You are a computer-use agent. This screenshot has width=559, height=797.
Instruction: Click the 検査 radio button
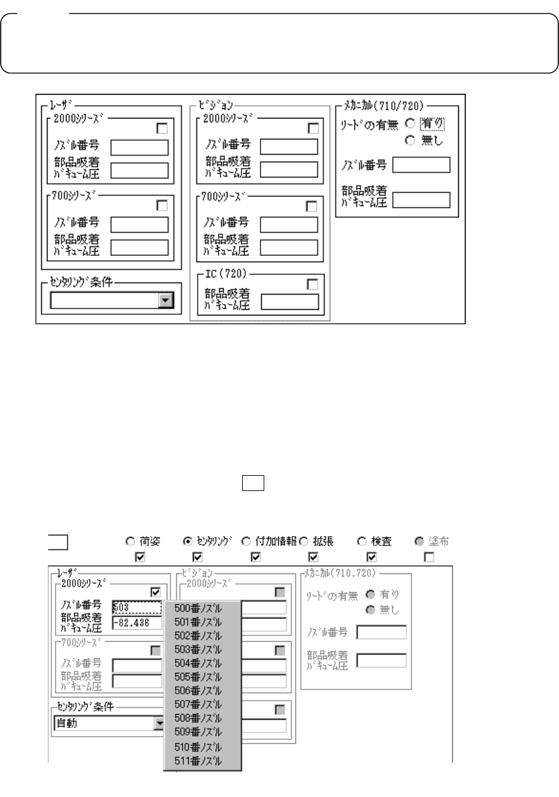coord(362,542)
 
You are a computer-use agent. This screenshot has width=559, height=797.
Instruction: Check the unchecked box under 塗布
coord(429,557)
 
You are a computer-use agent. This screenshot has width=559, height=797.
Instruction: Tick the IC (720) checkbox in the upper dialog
coord(312,284)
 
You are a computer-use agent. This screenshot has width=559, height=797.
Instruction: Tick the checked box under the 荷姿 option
coord(140,557)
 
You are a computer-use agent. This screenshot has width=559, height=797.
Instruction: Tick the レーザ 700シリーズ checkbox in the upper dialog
coord(162,205)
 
